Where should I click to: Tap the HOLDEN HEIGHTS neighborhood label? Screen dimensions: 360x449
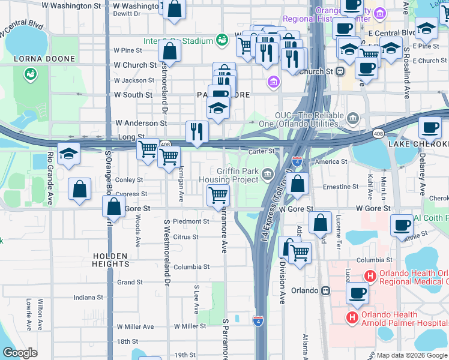click(x=111, y=259)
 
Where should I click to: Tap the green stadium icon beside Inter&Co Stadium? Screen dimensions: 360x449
click(x=222, y=41)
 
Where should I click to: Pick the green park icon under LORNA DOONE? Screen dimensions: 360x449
click(x=29, y=74)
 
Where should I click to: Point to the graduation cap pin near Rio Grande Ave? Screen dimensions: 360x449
click(x=68, y=154)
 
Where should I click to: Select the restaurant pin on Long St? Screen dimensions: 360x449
click(x=197, y=131)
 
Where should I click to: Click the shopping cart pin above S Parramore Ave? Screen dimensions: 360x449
click(x=217, y=194)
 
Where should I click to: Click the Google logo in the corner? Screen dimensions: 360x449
click(x=20, y=352)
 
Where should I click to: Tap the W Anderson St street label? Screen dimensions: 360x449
click(x=140, y=123)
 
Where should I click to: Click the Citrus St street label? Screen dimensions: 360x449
click(x=185, y=237)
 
